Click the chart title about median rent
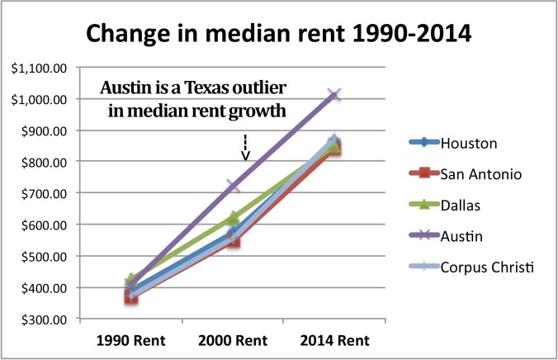(278, 36)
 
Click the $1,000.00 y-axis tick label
(35, 99)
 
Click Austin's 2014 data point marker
(333, 95)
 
